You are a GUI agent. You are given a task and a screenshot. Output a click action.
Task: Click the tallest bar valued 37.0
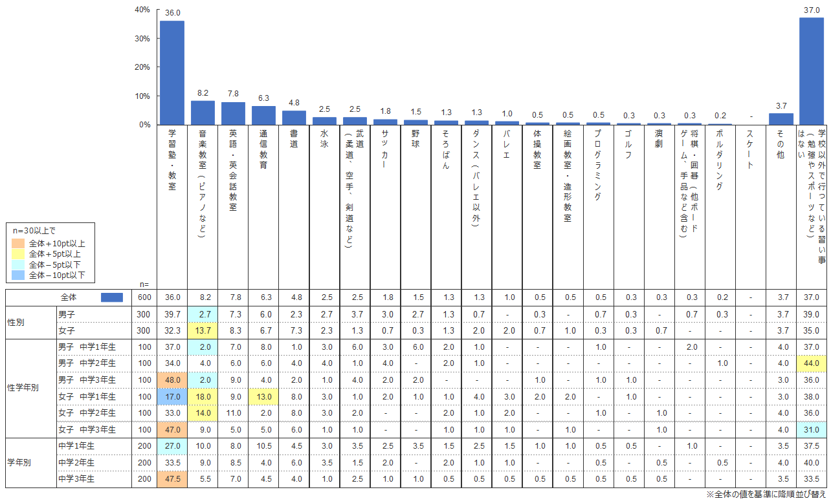coord(811,70)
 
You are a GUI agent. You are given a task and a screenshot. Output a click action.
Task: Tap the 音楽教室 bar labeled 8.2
coord(203,112)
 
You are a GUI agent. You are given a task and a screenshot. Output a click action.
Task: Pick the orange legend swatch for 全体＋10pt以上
coord(19,244)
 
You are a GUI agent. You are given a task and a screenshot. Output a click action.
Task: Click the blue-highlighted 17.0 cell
coord(172,395)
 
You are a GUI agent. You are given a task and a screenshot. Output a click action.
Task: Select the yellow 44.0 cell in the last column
coord(811,363)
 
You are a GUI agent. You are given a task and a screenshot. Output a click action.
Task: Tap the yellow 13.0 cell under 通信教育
coord(263,395)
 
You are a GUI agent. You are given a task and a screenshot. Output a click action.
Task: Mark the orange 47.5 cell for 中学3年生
coord(172,478)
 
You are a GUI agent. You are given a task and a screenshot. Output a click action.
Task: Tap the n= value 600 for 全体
coord(144,297)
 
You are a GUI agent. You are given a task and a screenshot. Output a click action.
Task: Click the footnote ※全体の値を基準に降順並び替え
coord(766,495)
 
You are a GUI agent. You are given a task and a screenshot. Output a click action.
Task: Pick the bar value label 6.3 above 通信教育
coord(263,98)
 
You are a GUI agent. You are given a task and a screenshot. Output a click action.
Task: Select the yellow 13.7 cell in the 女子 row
coord(203,330)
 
